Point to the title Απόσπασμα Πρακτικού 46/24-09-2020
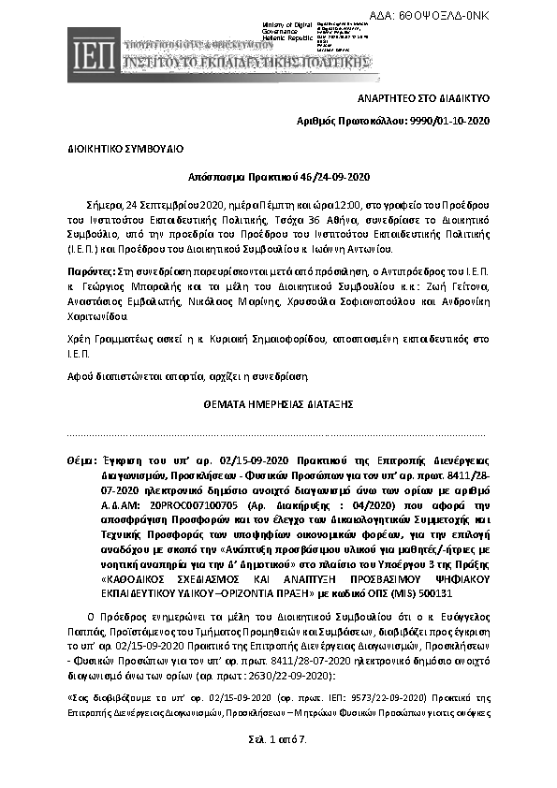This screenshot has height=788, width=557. point(278,176)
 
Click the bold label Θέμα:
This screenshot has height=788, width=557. point(81,461)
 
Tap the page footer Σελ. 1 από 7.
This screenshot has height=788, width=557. point(278,739)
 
